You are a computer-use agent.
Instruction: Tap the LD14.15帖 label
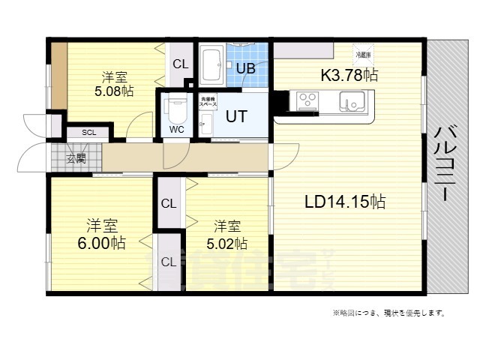(344, 202)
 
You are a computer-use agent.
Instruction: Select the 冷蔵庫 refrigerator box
(362, 55)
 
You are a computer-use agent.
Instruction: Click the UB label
(245, 68)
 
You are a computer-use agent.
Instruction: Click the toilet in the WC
(176, 111)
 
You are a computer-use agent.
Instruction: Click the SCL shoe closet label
(88, 133)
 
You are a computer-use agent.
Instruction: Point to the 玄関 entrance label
(76, 158)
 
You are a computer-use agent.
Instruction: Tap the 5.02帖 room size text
(227, 243)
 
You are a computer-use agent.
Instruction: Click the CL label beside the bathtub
(181, 64)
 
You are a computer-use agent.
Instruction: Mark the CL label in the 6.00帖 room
(169, 262)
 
